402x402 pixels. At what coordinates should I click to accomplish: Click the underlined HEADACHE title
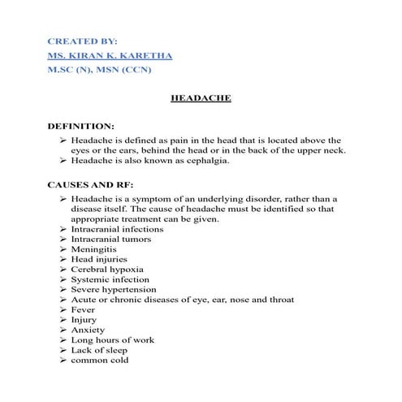coord(201,98)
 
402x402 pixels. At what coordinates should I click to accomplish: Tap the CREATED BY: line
coord(82,40)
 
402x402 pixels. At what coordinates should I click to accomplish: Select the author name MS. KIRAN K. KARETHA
coord(110,55)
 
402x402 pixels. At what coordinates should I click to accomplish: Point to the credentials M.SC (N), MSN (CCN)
coord(101,70)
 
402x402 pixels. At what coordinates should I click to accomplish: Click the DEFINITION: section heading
coord(81,127)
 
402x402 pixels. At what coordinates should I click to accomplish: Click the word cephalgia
coord(206,161)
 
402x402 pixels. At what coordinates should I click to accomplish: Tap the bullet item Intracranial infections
coord(117,229)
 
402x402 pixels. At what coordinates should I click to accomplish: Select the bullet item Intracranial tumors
coord(113,240)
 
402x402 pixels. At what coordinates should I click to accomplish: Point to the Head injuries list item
coord(99,260)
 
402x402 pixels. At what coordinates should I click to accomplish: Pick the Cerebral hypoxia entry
coord(107,270)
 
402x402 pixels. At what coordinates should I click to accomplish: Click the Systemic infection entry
coord(110,279)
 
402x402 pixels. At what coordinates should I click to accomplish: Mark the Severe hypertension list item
coord(114,289)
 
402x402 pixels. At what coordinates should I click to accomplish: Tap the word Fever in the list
coord(84,309)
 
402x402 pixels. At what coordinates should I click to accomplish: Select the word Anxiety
coord(89,330)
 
